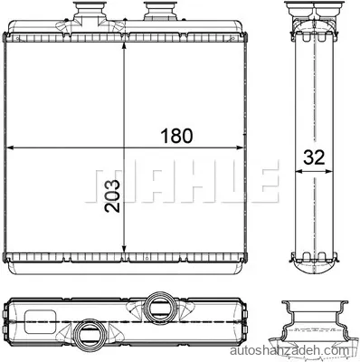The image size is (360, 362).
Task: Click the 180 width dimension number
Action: pyautogui.click(x=176, y=136)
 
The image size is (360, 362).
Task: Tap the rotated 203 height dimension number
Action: pyautogui.click(x=112, y=196)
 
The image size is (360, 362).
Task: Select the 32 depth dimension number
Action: pyautogui.click(x=314, y=157)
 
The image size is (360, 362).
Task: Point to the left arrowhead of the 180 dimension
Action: pyautogui.click(x=11, y=148)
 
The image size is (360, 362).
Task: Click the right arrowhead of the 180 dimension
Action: pyautogui.click(x=239, y=148)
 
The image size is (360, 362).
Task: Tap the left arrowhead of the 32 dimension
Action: pyautogui.click(x=298, y=171)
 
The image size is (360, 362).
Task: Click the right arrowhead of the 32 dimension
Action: pyautogui.click(x=328, y=171)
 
